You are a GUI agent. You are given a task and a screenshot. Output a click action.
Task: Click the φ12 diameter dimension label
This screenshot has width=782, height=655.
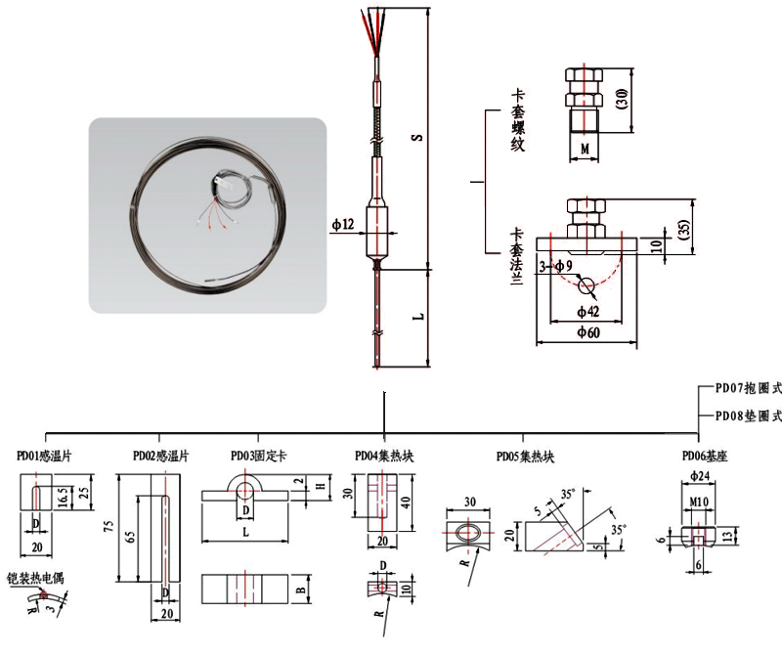tap(343, 225)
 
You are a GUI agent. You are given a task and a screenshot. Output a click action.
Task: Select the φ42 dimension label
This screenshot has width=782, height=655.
tap(588, 311)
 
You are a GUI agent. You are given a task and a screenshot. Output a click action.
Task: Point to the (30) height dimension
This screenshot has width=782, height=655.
tap(622, 98)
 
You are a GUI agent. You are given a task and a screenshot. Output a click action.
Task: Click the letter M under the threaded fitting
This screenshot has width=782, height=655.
tap(584, 149)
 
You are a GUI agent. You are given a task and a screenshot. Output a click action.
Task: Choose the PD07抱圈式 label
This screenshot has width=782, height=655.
tap(748, 388)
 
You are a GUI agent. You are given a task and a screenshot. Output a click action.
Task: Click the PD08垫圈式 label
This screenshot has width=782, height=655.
tap(748, 415)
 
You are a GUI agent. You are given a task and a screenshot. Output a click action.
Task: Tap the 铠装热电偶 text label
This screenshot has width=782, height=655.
tap(34, 578)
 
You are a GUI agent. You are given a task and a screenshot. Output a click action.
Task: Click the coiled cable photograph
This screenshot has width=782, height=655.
tap(206, 216)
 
